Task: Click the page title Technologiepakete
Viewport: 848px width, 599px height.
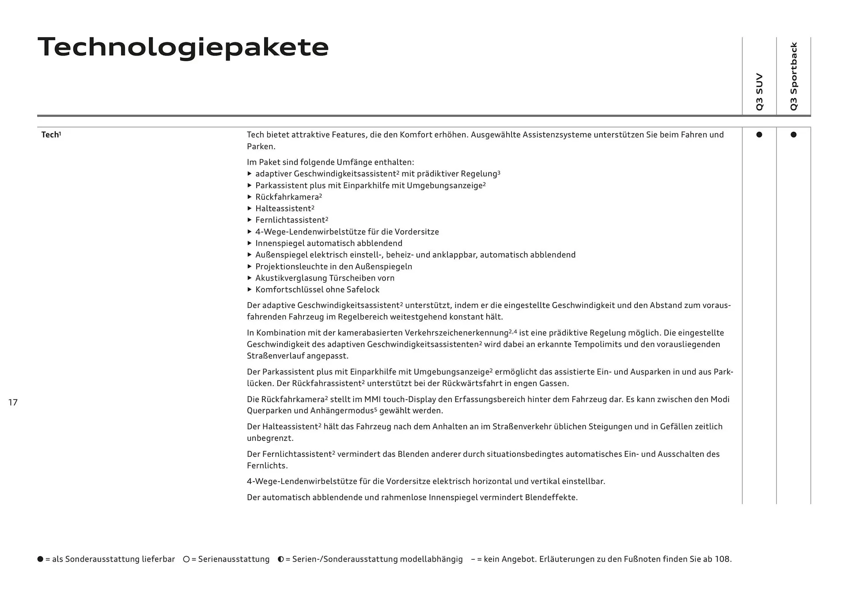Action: click(x=183, y=47)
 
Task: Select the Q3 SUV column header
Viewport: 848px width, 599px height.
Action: click(x=759, y=92)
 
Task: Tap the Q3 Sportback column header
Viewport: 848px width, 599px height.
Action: click(x=794, y=76)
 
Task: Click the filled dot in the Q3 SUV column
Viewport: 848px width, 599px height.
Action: click(x=759, y=135)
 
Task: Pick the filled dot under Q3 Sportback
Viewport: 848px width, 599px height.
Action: click(x=794, y=135)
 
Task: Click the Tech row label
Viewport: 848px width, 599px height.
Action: click(x=51, y=135)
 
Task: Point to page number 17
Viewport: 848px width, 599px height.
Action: click(x=13, y=402)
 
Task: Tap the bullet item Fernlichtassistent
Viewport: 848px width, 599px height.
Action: click(x=290, y=220)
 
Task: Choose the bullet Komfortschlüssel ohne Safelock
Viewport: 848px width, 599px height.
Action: click(x=317, y=290)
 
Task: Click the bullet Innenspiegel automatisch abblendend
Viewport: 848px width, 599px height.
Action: click(x=329, y=243)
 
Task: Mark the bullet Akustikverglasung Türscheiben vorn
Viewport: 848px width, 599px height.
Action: click(x=325, y=278)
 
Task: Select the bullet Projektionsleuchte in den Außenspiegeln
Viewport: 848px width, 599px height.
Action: click(x=333, y=267)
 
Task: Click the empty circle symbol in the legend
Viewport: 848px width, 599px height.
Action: click(x=186, y=559)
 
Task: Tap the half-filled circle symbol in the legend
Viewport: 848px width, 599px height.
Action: click(x=281, y=559)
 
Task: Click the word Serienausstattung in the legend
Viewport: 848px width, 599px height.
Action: click(x=234, y=559)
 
